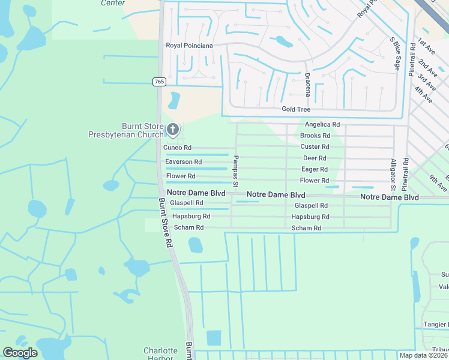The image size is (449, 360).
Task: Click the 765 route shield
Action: (x=158, y=81)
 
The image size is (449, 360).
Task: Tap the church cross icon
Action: (x=172, y=129)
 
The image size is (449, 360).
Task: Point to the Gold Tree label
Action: (x=296, y=109)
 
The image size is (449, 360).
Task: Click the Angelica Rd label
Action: (x=322, y=124)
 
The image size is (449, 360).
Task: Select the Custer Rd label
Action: (x=315, y=146)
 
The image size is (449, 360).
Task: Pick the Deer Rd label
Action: (x=315, y=158)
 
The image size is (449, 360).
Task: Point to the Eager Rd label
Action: (x=315, y=169)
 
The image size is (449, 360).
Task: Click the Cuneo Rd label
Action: (x=178, y=148)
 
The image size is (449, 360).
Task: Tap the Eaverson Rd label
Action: (x=184, y=162)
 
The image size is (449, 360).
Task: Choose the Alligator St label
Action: (x=394, y=174)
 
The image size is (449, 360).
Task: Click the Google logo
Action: (x=20, y=353)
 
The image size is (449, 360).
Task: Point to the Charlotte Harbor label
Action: (x=160, y=354)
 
